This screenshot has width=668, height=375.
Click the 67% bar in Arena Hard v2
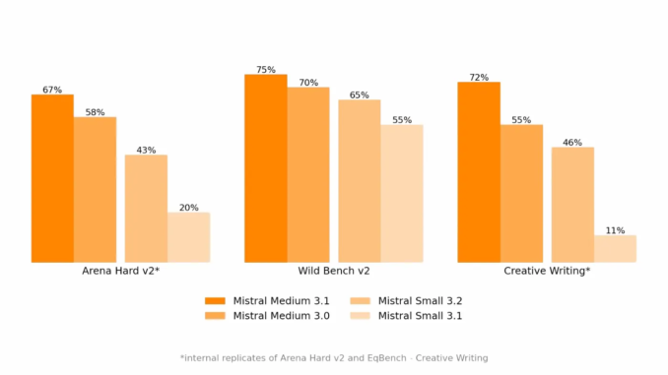[x=52, y=178]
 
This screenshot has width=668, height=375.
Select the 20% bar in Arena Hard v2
[x=188, y=237]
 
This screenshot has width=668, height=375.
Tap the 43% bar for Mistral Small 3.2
[x=146, y=209]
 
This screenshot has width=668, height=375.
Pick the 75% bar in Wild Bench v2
[x=265, y=168]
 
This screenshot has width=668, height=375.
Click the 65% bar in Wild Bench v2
[x=360, y=181]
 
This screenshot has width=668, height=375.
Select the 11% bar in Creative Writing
[x=615, y=249]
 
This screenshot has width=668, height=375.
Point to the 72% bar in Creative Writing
[x=479, y=172]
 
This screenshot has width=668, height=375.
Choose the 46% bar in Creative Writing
[x=572, y=205]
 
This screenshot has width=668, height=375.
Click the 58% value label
[x=95, y=112]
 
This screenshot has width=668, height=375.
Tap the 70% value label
[x=308, y=83]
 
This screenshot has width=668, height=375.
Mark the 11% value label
[x=615, y=230]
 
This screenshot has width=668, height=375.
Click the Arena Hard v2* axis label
[x=121, y=271]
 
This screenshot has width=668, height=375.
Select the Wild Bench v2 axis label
[x=334, y=271]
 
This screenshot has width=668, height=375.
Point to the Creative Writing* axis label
[x=547, y=271]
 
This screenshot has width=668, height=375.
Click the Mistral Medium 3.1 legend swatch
[x=215, y=300]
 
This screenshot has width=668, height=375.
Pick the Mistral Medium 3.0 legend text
[x=281, y=316]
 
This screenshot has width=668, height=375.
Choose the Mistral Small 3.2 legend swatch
[x=360, y=300]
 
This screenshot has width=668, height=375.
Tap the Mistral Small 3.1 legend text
[x=420, y=316]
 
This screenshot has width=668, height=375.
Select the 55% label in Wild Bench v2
[x=402, y=120]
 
